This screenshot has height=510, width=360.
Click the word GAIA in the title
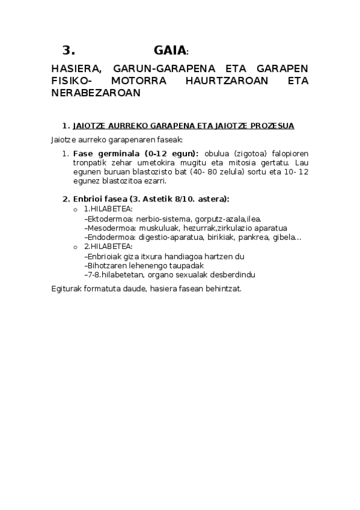pyautogui.click(x=170, y=51)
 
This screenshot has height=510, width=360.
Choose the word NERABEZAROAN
pyautogui.click(x=96, y=93)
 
